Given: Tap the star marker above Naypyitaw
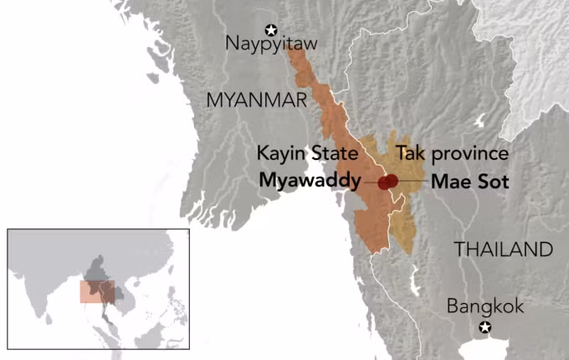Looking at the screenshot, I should tap(270, 28).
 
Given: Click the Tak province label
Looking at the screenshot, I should tap(452, 155).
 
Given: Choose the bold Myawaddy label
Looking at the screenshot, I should tap(310, 180).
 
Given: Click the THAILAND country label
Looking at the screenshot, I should tap(502, 249).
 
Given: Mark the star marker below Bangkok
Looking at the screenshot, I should tap(484, 327).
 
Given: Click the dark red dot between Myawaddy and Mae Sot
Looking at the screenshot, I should tap(387, 182).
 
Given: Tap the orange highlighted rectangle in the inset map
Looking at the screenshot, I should tap(97, 291).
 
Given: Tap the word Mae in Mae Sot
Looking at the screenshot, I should tap(447, 180).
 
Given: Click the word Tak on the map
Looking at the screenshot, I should tap(409, 155).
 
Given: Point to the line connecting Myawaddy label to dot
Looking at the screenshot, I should tap(370, 181).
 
